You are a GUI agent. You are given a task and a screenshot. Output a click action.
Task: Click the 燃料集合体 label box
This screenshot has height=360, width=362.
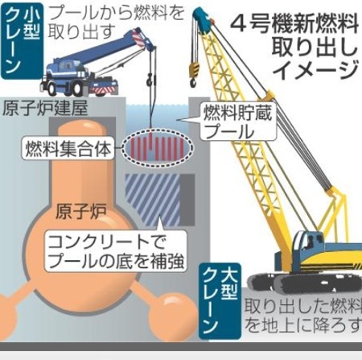click(x=68, y=149)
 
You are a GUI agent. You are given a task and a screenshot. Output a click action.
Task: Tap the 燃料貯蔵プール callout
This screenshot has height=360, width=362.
click(x=238, y=122)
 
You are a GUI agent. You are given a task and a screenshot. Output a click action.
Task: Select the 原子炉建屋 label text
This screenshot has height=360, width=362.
click(x=45, y=109)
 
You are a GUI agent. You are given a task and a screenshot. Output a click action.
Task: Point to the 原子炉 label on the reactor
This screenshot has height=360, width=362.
click(x=81, y=211)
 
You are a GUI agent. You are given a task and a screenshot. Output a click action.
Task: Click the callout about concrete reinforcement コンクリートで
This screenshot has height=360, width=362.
click(x=116, y=251)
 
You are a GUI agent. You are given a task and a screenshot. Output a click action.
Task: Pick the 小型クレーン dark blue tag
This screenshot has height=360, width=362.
click(x=22, y=41)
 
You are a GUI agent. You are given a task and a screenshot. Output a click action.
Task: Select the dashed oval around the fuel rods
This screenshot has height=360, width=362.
click(x=157, y=147)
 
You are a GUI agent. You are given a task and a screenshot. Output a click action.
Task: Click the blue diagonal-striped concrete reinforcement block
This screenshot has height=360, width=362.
click(x=153, y=200)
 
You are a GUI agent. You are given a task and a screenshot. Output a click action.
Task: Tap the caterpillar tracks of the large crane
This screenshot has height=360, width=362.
click(x=304, y=283)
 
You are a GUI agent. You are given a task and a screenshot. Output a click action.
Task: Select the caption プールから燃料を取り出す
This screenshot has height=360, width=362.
click(x=117, y=22)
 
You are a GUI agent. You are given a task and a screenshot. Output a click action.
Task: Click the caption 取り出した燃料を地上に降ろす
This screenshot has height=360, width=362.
click(x=303, y=316)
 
